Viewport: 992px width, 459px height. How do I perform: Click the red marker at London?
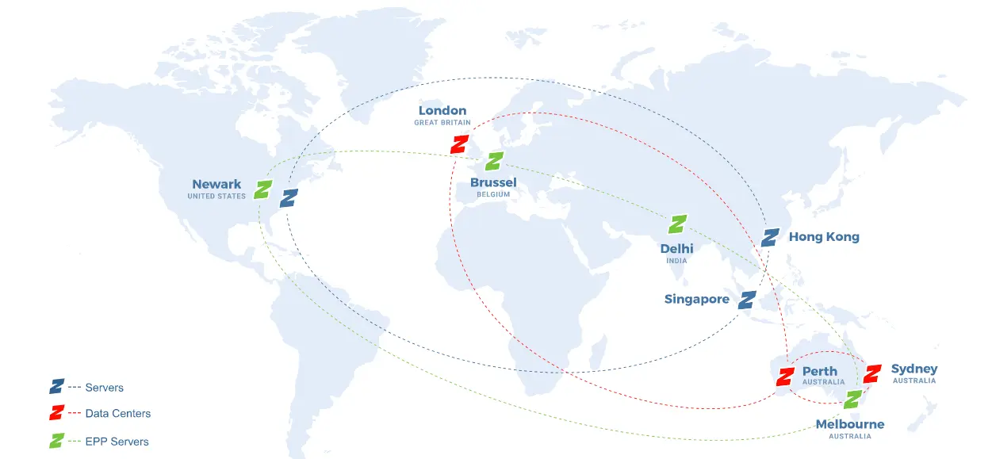458,144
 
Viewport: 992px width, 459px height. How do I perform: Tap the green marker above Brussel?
494,161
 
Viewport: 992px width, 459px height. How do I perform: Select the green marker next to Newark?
263,189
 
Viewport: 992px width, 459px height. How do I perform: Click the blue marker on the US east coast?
289,197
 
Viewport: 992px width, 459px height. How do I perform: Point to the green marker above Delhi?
677,224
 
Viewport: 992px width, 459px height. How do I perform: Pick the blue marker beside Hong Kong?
770,237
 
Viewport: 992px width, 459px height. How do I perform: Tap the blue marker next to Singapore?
747,300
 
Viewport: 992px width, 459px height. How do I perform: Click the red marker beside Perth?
786,377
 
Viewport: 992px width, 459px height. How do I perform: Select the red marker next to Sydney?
872,373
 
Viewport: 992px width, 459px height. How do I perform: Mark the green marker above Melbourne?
852,400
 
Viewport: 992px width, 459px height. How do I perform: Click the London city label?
442,111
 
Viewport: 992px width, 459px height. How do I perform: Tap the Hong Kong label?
824,237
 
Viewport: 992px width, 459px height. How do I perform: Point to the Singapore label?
697,300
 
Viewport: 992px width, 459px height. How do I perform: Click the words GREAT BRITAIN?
442,123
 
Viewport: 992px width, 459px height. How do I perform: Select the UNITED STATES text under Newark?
216,196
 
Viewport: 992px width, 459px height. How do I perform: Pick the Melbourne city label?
850,424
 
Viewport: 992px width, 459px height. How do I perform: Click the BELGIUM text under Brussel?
493,194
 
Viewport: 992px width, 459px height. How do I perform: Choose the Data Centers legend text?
118,413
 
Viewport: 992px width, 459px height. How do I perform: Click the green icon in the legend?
56,441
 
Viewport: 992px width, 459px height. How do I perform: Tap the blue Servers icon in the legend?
56,387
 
